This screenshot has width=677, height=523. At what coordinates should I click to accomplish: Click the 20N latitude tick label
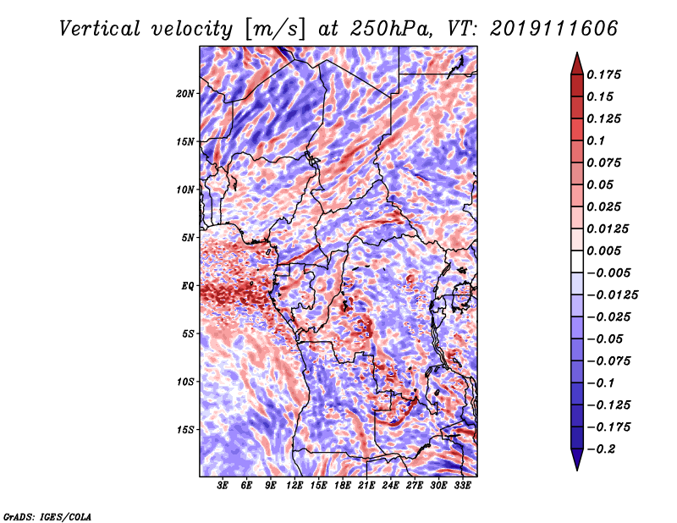(184, 94)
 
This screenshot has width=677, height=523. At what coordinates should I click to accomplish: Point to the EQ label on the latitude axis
(187, 286)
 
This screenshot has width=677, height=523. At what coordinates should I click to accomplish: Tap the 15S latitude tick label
(185, 430)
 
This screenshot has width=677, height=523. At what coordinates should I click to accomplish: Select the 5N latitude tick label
(188, 238)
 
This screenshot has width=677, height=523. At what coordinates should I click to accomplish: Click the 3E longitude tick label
(223, 486)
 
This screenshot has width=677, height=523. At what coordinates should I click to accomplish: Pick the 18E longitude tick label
(343, 486)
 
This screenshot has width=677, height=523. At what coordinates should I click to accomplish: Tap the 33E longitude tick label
(462, 486)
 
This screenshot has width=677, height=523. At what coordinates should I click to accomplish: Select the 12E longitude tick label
(294, 486)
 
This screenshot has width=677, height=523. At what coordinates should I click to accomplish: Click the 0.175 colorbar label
(603, 74)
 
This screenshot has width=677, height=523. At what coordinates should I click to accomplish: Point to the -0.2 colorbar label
(601, 449)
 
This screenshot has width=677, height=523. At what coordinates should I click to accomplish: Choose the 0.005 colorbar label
(603, 250)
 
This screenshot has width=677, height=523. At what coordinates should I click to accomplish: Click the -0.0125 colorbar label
(612, 295)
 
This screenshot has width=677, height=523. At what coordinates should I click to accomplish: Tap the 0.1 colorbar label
(596, 140)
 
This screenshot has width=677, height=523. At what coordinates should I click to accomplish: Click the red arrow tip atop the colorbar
(577, 53)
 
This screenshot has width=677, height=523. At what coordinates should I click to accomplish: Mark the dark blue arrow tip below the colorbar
(577, 470)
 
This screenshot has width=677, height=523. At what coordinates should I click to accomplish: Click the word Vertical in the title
(100, 29)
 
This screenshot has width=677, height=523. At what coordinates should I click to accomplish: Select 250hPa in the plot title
(390, 29)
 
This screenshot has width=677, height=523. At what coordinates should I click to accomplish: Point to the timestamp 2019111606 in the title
(554, 29)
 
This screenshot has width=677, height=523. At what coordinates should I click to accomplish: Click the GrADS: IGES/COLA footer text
(47, 516)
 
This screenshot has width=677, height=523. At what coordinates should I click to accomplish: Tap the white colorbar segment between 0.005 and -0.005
(577, 261)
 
